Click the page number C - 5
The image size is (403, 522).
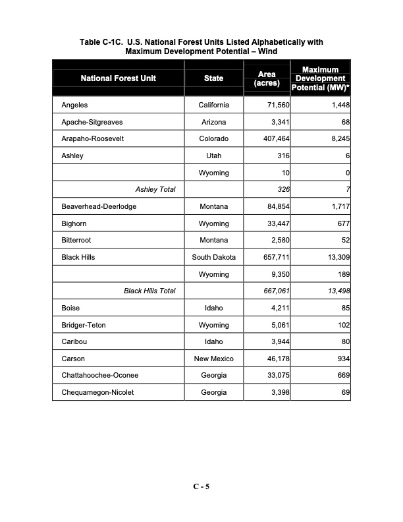click(x=201, y=487)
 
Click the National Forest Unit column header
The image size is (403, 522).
click(x=119, y=78)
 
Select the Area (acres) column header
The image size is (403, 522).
click(x=267, y=78)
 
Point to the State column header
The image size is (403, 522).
click(x=213, y=78)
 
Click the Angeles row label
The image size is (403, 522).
click(x=74, y=105)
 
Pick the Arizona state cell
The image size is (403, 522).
click(x=213, y=123)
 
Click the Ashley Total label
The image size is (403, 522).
click(x=155, y=190)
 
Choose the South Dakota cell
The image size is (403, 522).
click(x=213, y=257)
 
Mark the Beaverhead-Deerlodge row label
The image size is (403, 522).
click(x=99, y=206)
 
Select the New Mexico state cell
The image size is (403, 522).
click(x=213, y=359)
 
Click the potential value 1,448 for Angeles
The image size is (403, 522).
click(x=336, y=105)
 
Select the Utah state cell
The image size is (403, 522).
click(x=213, y=156)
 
